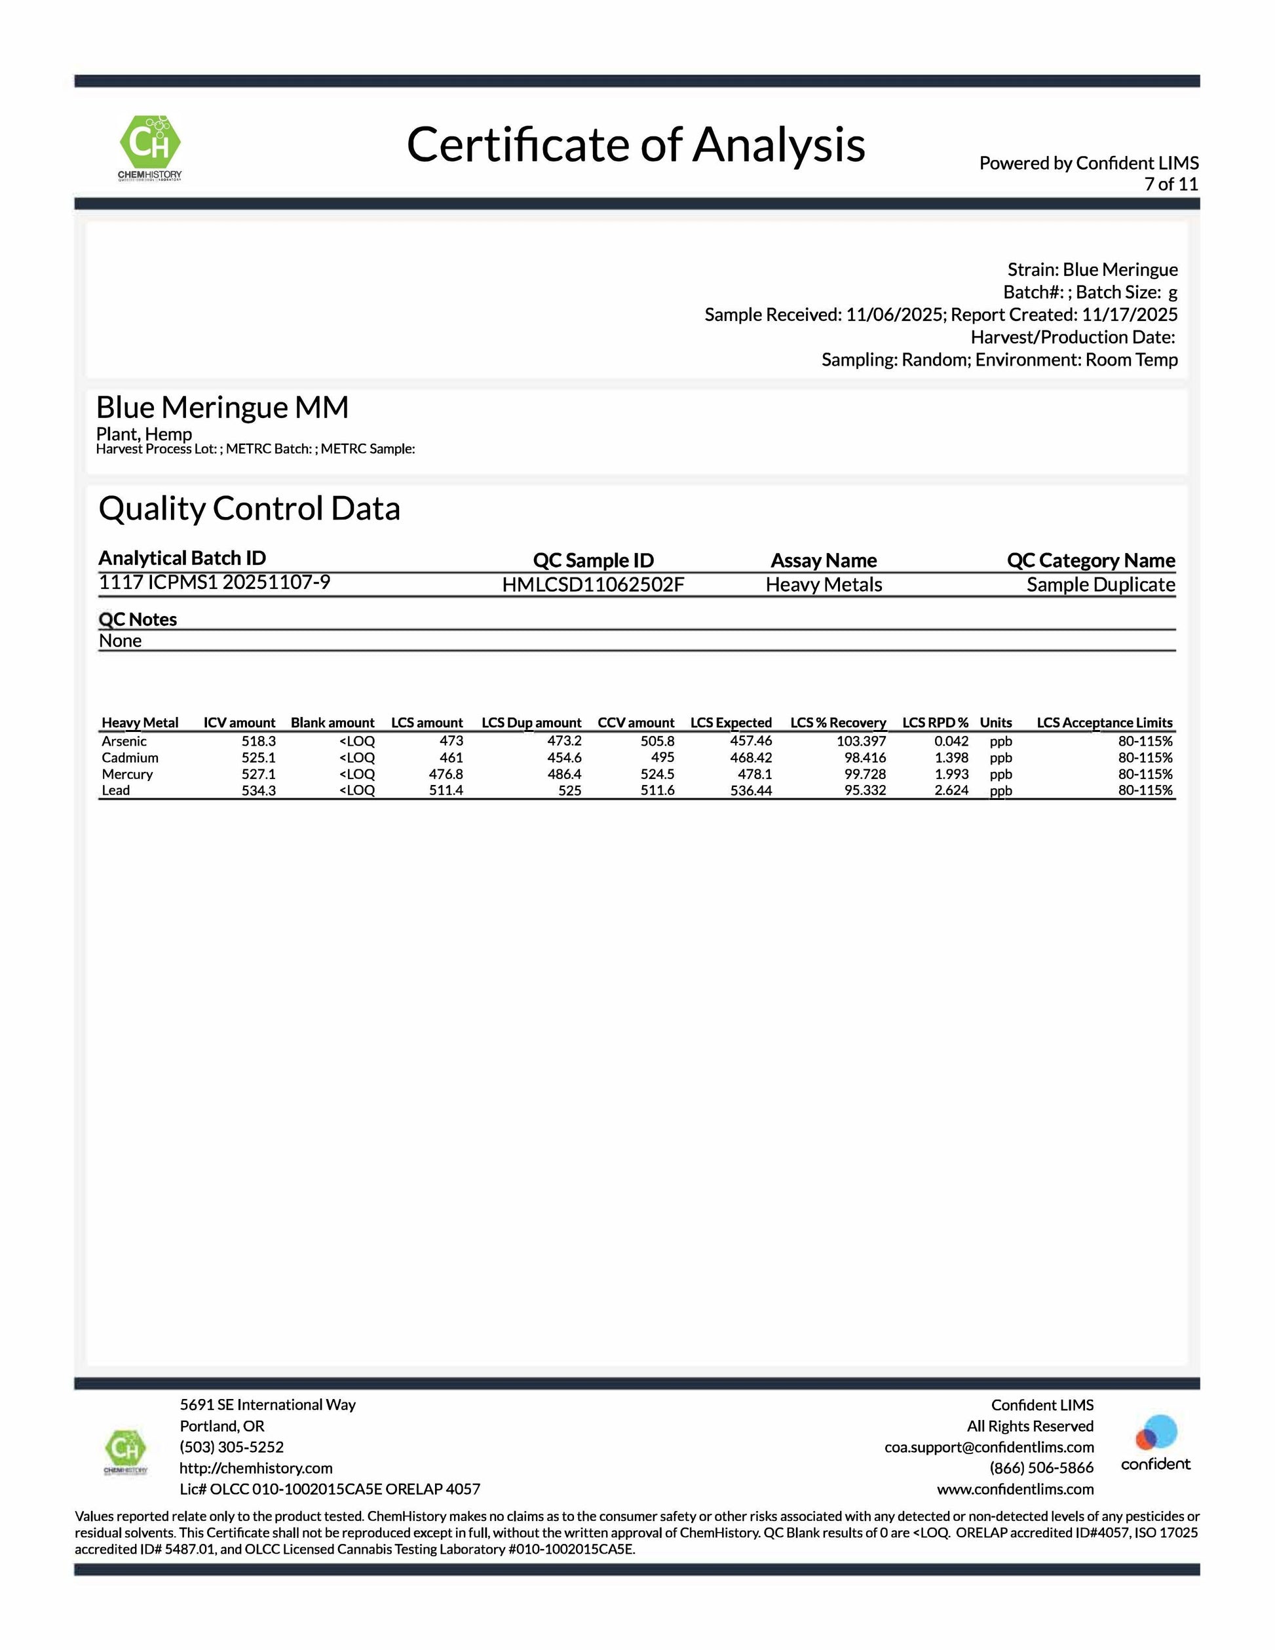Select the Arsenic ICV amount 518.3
coord(258,741)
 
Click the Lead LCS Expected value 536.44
coord(751,790)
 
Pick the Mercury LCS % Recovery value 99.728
coord(865,774)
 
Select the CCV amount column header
coord(636,722)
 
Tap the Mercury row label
coord(127,774)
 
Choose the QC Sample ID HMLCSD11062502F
coord(593,585)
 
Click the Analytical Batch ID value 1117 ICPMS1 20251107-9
coord(214,582)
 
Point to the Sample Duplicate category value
coord(1100,585)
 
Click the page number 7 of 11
coord(1171,184)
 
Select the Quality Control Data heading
coord(249,508)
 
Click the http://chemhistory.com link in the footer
coord(256,1467)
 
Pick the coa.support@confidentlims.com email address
coord(989,1446)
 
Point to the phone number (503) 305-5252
coord(231,1446)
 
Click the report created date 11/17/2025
coord(1130,315)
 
